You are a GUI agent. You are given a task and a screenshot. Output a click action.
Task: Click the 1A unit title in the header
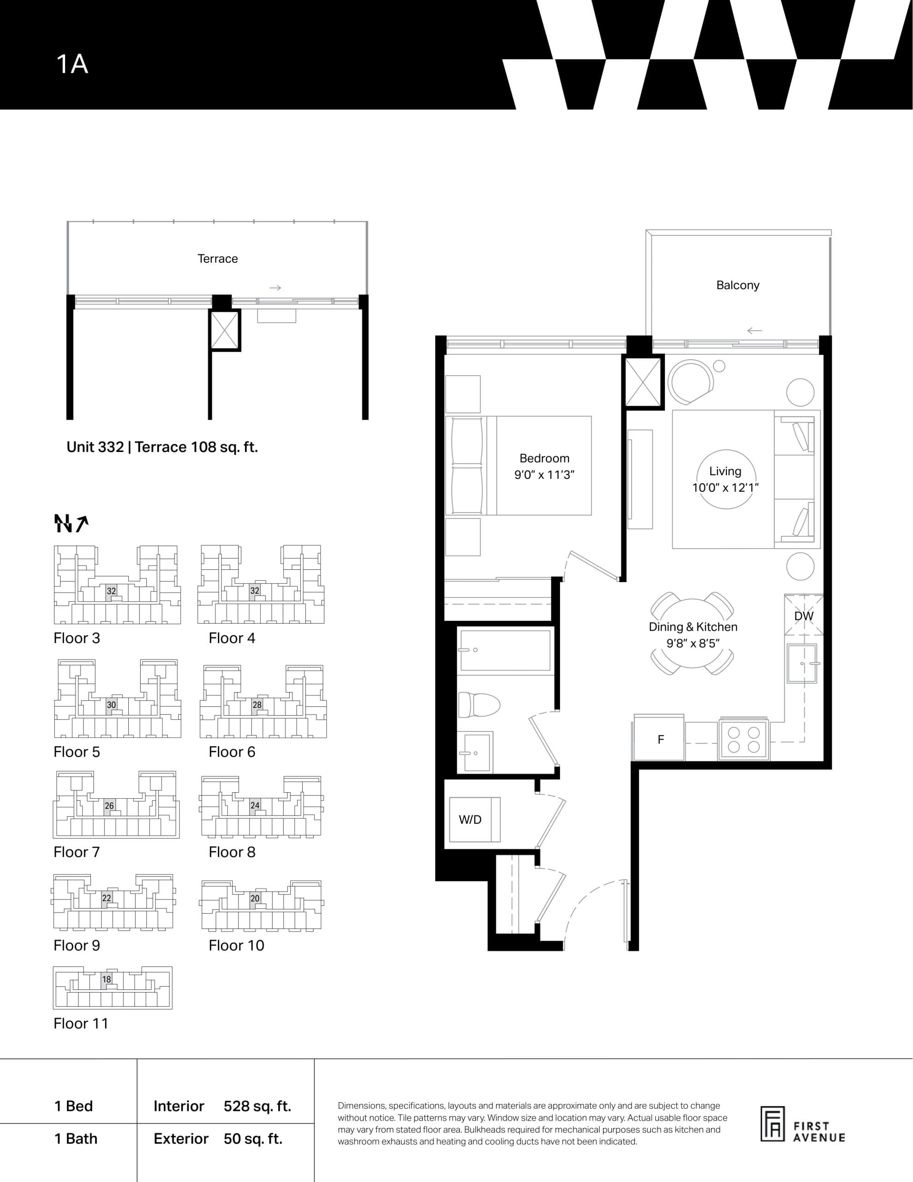coord(72,64)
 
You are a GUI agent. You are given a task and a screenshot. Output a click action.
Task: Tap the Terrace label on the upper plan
coord(217,259)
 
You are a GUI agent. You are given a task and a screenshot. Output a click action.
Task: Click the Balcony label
coord(737,285)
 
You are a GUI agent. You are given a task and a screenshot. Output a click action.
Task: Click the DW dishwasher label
coord(803,616)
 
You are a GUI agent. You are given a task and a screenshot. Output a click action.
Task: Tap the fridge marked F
coord(660,740)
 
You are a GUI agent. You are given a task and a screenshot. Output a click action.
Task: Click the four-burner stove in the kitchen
coord(743,740)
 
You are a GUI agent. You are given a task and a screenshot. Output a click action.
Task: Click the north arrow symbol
coord(71,523)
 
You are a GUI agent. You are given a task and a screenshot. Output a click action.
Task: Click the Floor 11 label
coord(81,1024)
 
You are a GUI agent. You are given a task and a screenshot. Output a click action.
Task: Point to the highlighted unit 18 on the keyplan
coord(107,979)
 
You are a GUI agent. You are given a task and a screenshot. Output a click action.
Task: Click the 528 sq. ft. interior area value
coord(257,1106)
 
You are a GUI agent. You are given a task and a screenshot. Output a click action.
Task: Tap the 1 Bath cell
coord(76,1139)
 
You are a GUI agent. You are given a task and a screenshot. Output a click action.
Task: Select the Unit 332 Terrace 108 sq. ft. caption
coord(162,447)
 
